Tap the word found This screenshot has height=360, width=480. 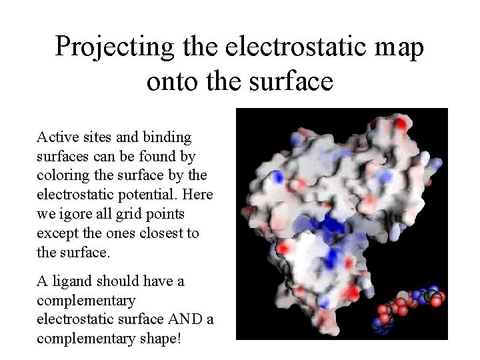tap(159, 157)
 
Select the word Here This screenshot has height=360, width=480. tap(197, 195)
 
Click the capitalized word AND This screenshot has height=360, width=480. tap(179, 319)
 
